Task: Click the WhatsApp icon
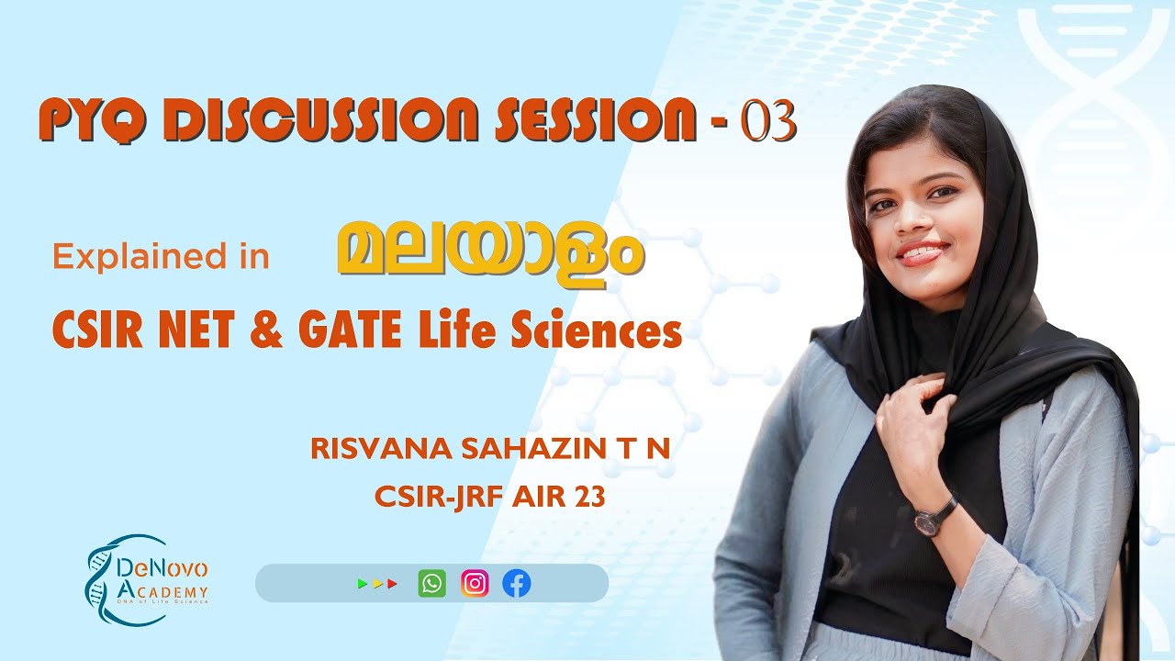[x=431, y=584]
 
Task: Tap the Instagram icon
[x=475, y=584]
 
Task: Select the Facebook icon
[x=517, y=584]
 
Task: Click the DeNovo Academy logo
[x=147, y=580]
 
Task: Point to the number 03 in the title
[x=767, y=123]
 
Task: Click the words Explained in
[x=161, y=258]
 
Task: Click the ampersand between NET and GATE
[x=266, y=331]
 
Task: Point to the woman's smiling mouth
[x=922, y=252]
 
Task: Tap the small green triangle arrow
[x=362, y=584]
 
